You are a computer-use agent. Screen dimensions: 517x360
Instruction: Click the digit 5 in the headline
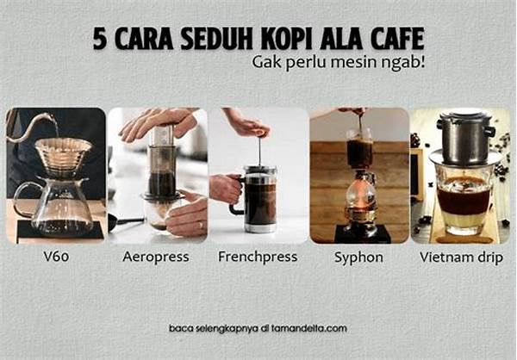(100, 39)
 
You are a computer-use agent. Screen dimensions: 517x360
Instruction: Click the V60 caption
(56, 257)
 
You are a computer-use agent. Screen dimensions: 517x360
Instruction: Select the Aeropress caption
(156, 258)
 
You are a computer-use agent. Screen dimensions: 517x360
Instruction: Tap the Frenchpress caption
(258, 258)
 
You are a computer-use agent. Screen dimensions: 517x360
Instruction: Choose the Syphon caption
(358, 258)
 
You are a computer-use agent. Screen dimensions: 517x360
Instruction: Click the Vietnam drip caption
(461, 258)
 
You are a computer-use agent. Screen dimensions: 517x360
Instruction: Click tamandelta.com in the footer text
(309, 329)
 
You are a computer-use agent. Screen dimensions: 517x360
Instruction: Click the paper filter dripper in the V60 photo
(63, 154)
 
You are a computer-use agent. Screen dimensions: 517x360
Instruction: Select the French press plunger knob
(260, 133)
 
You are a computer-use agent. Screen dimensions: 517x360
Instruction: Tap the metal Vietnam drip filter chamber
(465, 140)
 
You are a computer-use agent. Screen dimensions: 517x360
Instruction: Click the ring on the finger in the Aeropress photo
(201, 225)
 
